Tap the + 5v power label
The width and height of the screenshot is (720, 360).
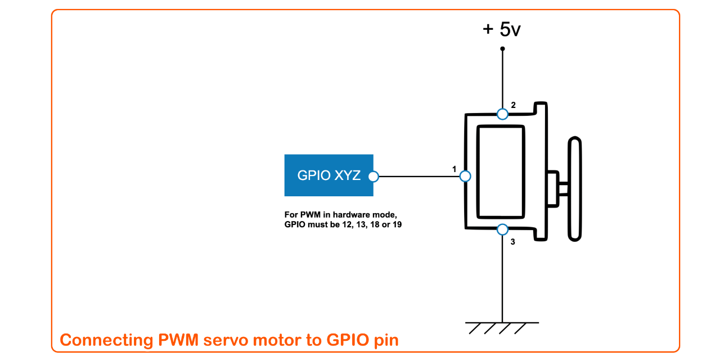tap(502, 29)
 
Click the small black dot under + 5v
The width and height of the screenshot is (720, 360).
tap(502, 49)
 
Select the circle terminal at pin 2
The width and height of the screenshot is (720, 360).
tap(502, 114)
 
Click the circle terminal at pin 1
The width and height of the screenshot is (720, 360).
tap(465, 176)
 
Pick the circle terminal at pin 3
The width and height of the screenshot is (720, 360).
tap(502, 229)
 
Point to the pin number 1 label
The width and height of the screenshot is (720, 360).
tap(454, 168)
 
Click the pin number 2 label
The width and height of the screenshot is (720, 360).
tap(513, 105)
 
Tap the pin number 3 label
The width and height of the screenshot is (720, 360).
tap(512, 242)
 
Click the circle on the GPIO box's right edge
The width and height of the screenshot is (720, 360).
tap(373, 177)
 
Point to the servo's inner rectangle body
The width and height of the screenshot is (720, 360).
tap(501, 172)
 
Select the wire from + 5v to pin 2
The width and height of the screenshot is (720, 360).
tap(502, 79)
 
